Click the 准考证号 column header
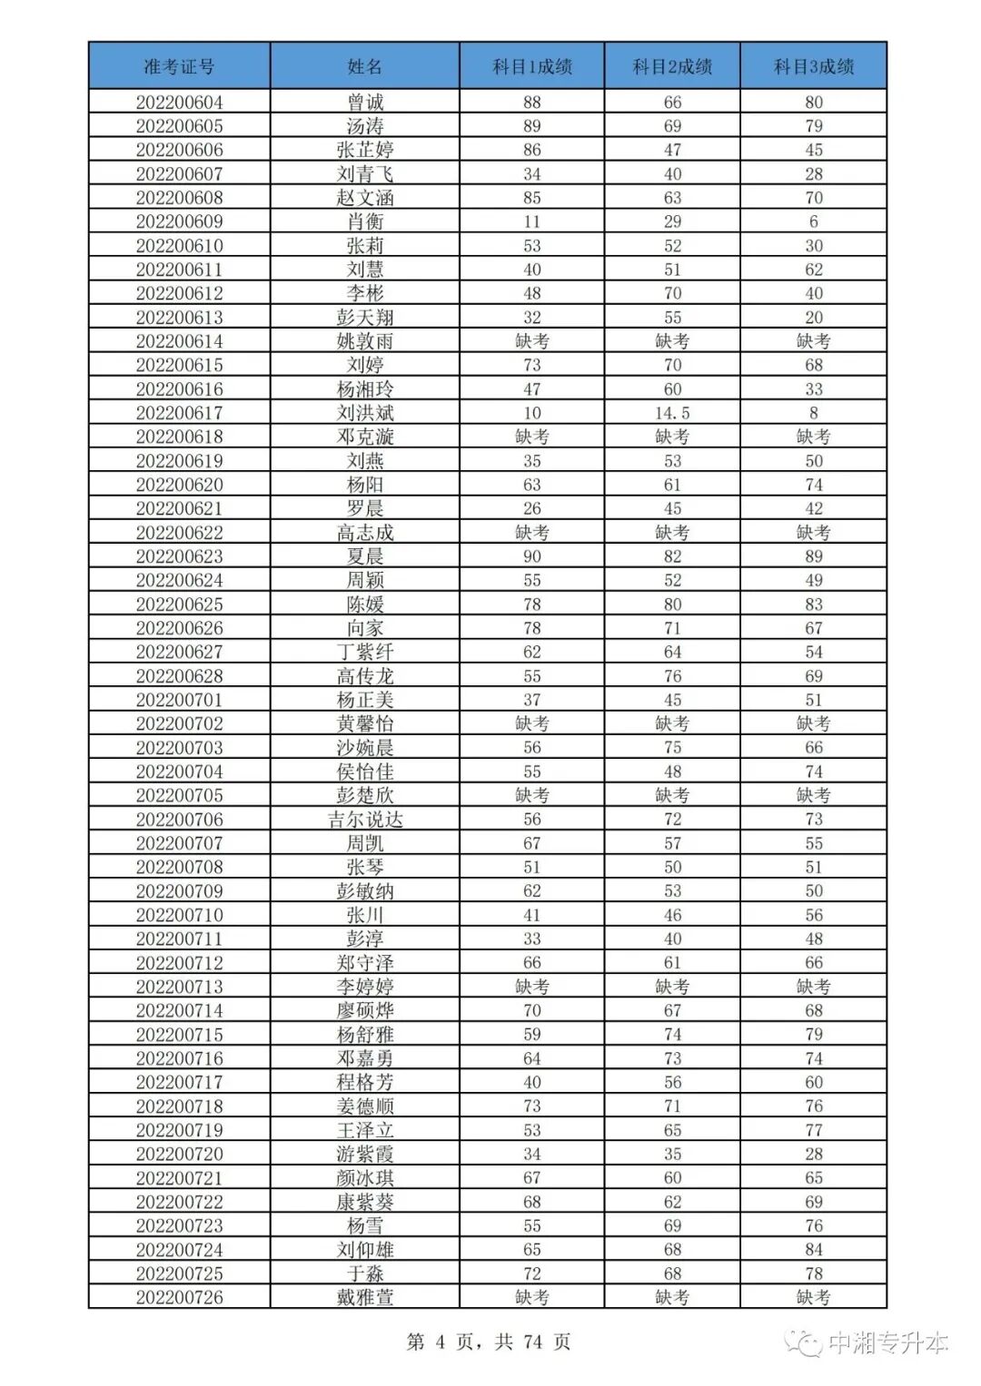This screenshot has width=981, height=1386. point(179,66)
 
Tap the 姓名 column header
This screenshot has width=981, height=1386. point(364,66)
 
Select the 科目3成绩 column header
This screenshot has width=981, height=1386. point(813,66)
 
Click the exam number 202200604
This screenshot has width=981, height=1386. point(179,103)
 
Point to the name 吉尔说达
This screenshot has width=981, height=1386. point(364,820)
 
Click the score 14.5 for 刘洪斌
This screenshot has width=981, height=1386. point(672,413)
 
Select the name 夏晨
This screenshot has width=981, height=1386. point(364,556)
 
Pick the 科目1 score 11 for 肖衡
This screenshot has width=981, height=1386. point(531,221)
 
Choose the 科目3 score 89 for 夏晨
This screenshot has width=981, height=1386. point(813,556)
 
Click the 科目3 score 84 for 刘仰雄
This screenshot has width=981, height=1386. point(813,1250)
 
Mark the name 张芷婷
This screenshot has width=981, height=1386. point(364,150)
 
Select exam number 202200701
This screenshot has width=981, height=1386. point(179,700)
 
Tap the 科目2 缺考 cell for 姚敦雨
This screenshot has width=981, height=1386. point(672,341)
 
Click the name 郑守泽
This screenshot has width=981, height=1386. point(364,963)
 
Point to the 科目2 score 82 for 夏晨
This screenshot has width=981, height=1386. point(672,556)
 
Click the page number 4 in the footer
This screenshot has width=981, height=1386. point(440,1342)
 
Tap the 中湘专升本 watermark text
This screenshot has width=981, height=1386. point(887,1342)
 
